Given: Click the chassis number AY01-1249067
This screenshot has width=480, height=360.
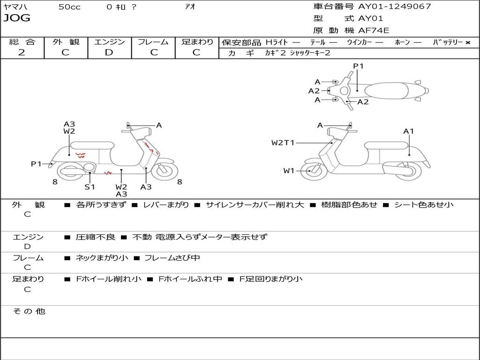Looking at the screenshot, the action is pyautogui.click(x=394, y=7).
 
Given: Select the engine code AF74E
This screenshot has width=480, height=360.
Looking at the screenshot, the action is pyautogui.click(x=374, y=31).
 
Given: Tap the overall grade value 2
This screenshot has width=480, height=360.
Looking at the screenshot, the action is pyautogui.click(x=22, y=52).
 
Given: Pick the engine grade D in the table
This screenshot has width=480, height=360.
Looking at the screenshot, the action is pyautogui.click(x=109, y=52).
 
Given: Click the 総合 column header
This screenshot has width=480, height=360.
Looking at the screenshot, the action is pyautogui.click(x=22, y=42).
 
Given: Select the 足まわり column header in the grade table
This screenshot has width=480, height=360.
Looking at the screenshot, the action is pyautogui.click(x=197, y=42).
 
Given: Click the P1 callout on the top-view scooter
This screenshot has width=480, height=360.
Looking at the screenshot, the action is pyautogui.click(x=358, y=66).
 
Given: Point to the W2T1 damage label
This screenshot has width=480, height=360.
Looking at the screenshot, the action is pyautogui.click(x=283, y=143).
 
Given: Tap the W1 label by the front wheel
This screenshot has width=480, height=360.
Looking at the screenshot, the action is pyautogui.click(x=288, y=171).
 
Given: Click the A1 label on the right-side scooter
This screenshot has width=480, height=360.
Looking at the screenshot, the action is pyautogui.click(x=409, y=131).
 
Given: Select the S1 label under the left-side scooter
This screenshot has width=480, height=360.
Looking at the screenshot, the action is pyautogui.click(x=90, y=187).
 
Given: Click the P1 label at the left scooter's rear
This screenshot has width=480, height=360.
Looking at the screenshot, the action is pyautogui.click(x=36, y=164).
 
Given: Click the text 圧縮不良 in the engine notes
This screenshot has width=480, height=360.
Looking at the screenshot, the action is pyautogui.click(x=95, y=237).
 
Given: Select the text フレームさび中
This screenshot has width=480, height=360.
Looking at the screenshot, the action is pyautogui.click(x=172, y=258).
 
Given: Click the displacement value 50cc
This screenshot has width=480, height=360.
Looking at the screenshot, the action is pyautogui.click(x=69, y=7).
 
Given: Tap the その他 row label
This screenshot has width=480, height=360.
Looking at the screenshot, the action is pyautogui.click(x=29, y=311).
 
